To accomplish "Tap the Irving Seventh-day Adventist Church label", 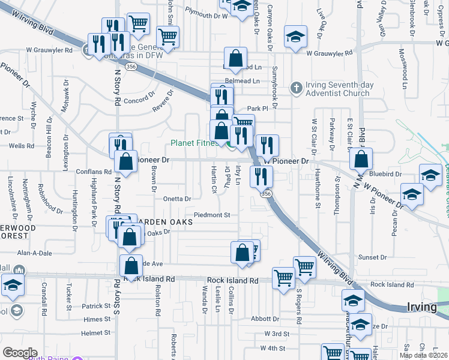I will [338, 89].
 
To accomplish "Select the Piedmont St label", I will [212, 215].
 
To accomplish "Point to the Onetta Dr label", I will [176, 199].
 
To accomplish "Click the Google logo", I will [20, 352].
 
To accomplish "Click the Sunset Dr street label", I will [373, 257].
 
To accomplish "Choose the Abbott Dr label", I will [262, 319].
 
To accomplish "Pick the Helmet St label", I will [96, 332].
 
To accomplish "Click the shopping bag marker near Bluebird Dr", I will [361, 160].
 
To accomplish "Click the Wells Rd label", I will [21, 146].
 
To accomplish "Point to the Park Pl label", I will [256, 109].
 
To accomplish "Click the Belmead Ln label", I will [243, 80].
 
